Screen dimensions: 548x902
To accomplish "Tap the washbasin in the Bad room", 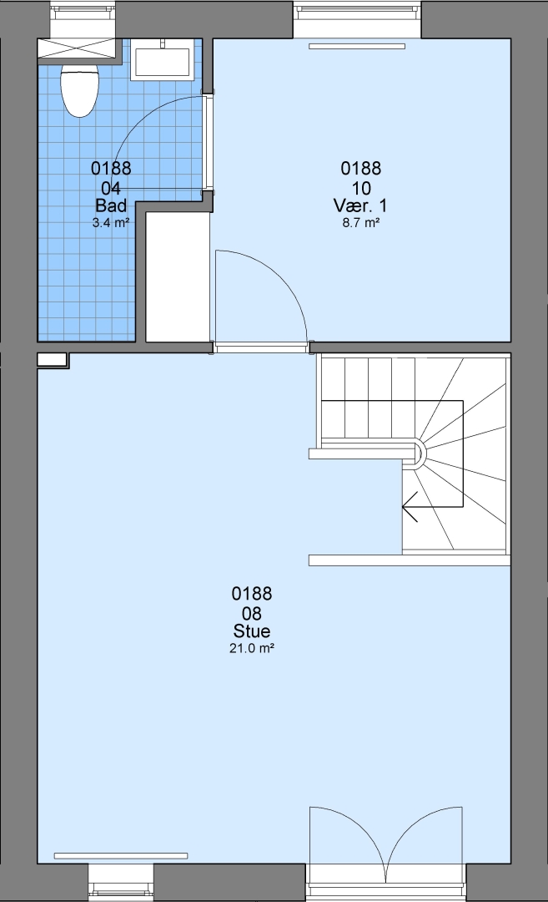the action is click(162, 60).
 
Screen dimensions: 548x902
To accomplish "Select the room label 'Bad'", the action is click(111, 205).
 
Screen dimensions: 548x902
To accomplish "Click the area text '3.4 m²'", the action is click(111, 223).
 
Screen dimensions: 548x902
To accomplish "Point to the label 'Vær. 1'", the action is click(360, 205).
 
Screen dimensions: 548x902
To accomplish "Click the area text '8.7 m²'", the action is click(360, 223).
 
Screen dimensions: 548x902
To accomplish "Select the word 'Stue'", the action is click(252, 631).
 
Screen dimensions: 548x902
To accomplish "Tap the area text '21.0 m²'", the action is click(252, 648).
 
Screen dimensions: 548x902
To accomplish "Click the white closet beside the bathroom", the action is click(177, 277).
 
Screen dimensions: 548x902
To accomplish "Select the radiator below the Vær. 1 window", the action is click(357, 47).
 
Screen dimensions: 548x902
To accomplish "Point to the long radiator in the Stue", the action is click(121, 856).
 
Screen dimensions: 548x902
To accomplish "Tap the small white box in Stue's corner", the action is click(52, 360).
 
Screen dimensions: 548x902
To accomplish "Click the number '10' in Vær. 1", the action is click(360, 188).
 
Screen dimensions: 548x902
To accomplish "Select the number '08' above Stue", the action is click(252, 613).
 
